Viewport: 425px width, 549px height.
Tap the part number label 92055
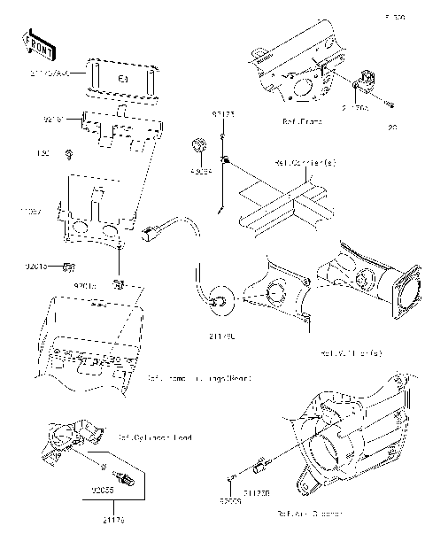(104, 488)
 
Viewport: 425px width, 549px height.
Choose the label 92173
(222, 114)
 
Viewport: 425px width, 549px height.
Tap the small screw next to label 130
(69, 157)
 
